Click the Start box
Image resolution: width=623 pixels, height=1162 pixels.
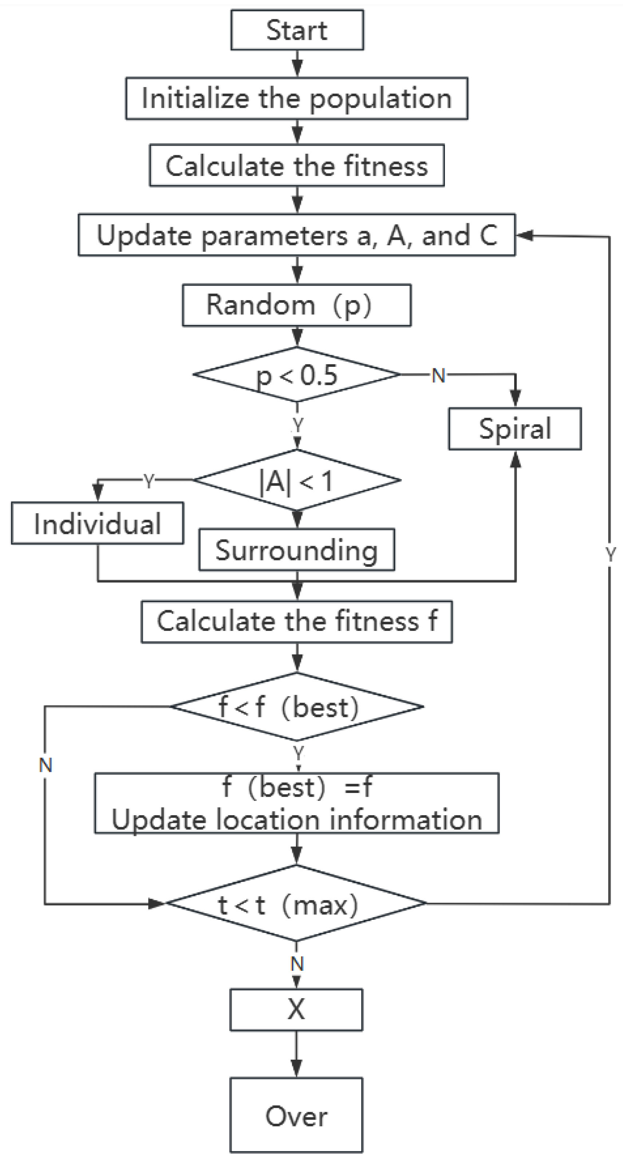pyautogui.click(x=297, y=30)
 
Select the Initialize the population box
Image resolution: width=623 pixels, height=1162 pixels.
pyautogui.click(x=297, y=98)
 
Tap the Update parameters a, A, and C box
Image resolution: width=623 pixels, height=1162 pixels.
pyautogui.click(x=297, y=235)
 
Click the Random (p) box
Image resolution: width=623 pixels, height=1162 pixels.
pyautogui.click(x=297, y=305)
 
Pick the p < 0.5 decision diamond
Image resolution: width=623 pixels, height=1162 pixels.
pyautogui.click(x=297, y=374)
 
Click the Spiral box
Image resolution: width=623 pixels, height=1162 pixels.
pyautogui.click(x=515, y=428)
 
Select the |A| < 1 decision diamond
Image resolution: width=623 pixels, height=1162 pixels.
pyautogui.click(x=297, y=480)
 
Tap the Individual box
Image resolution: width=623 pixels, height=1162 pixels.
pyautogui.click(x=97, y=523)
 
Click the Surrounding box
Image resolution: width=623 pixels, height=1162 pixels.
pyautogui.click(x=297, y=550)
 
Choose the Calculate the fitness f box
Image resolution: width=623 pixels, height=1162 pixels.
pyautogui.click(x=297, y=621)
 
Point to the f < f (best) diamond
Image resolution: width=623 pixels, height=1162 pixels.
pyautogui.click(x=297, y=707)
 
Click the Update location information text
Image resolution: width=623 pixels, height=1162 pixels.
pyautogui.click(x=297, y=820)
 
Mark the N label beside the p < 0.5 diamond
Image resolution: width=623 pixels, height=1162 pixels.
pyautogui.click(x=438, y=375)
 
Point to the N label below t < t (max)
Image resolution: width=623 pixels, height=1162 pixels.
pyautogui.click(x=297, y=964)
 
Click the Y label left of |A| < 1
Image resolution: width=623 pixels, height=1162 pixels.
pyautogui.click(x=149, y=481)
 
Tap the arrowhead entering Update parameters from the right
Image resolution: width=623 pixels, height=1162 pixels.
pyautogui.click(x=524, y=235)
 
